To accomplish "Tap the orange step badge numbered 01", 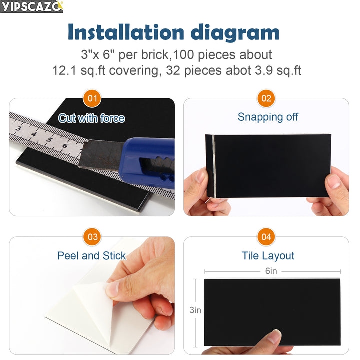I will tap(92, 98).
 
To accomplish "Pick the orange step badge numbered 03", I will tap(92, 237).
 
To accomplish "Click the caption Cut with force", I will tap(91, 118).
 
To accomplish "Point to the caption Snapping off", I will tap(268, 117).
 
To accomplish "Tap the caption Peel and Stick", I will tap(91, 256).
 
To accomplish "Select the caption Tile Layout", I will tap(268, 256).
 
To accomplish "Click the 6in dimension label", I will tap(271, 271).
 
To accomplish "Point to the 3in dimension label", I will tap(195, 310).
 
